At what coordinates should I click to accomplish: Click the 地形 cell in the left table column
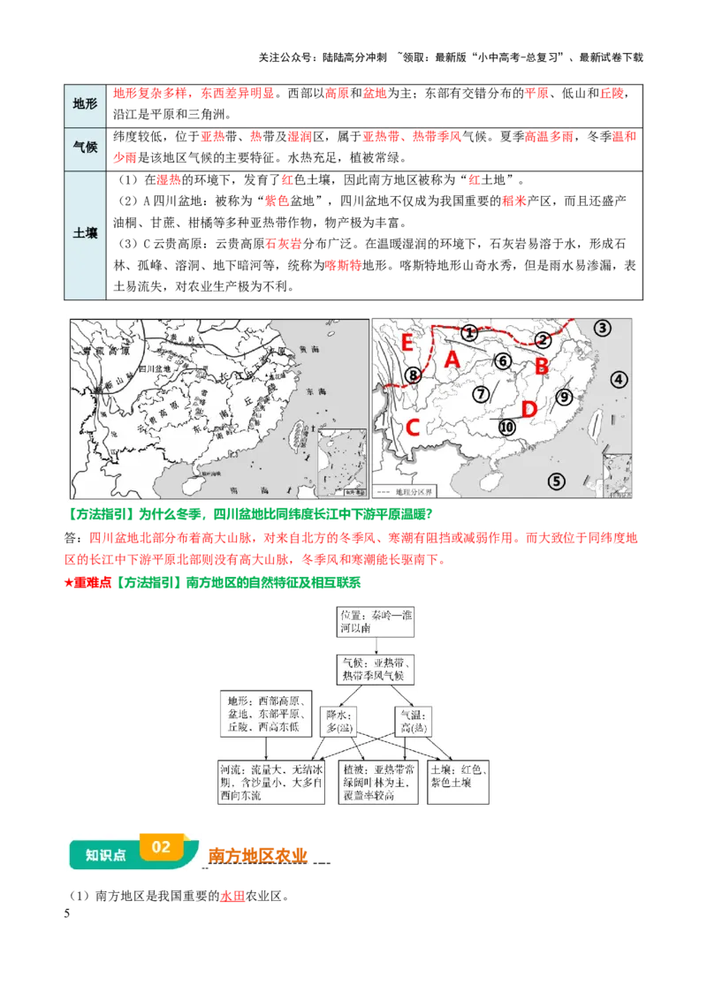coord(85,103)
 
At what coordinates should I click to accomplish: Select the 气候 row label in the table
coord(85,148)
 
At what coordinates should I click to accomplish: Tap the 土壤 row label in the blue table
coord(85,234)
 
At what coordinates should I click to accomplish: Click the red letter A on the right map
coord(452,359)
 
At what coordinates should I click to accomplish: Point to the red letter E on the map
coord(407,342)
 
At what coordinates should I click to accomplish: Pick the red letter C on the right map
coord(412,429)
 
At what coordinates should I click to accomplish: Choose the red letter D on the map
coord(529,409)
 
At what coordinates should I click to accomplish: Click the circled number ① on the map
coord(469,332)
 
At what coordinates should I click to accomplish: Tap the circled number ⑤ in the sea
coord(556,481)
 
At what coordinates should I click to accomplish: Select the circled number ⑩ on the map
coord(506,427)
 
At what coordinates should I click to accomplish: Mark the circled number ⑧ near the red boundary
coord(414,375)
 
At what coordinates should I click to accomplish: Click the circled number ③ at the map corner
coord(603,328)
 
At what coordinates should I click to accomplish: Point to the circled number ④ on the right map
coord(619,379)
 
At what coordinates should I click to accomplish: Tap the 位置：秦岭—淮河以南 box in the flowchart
coord(376,621)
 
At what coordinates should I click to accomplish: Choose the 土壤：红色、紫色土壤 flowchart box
coord(459,777)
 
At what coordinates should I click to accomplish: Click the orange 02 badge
coord(161,846)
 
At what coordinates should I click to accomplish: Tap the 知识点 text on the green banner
coord(105,855)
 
